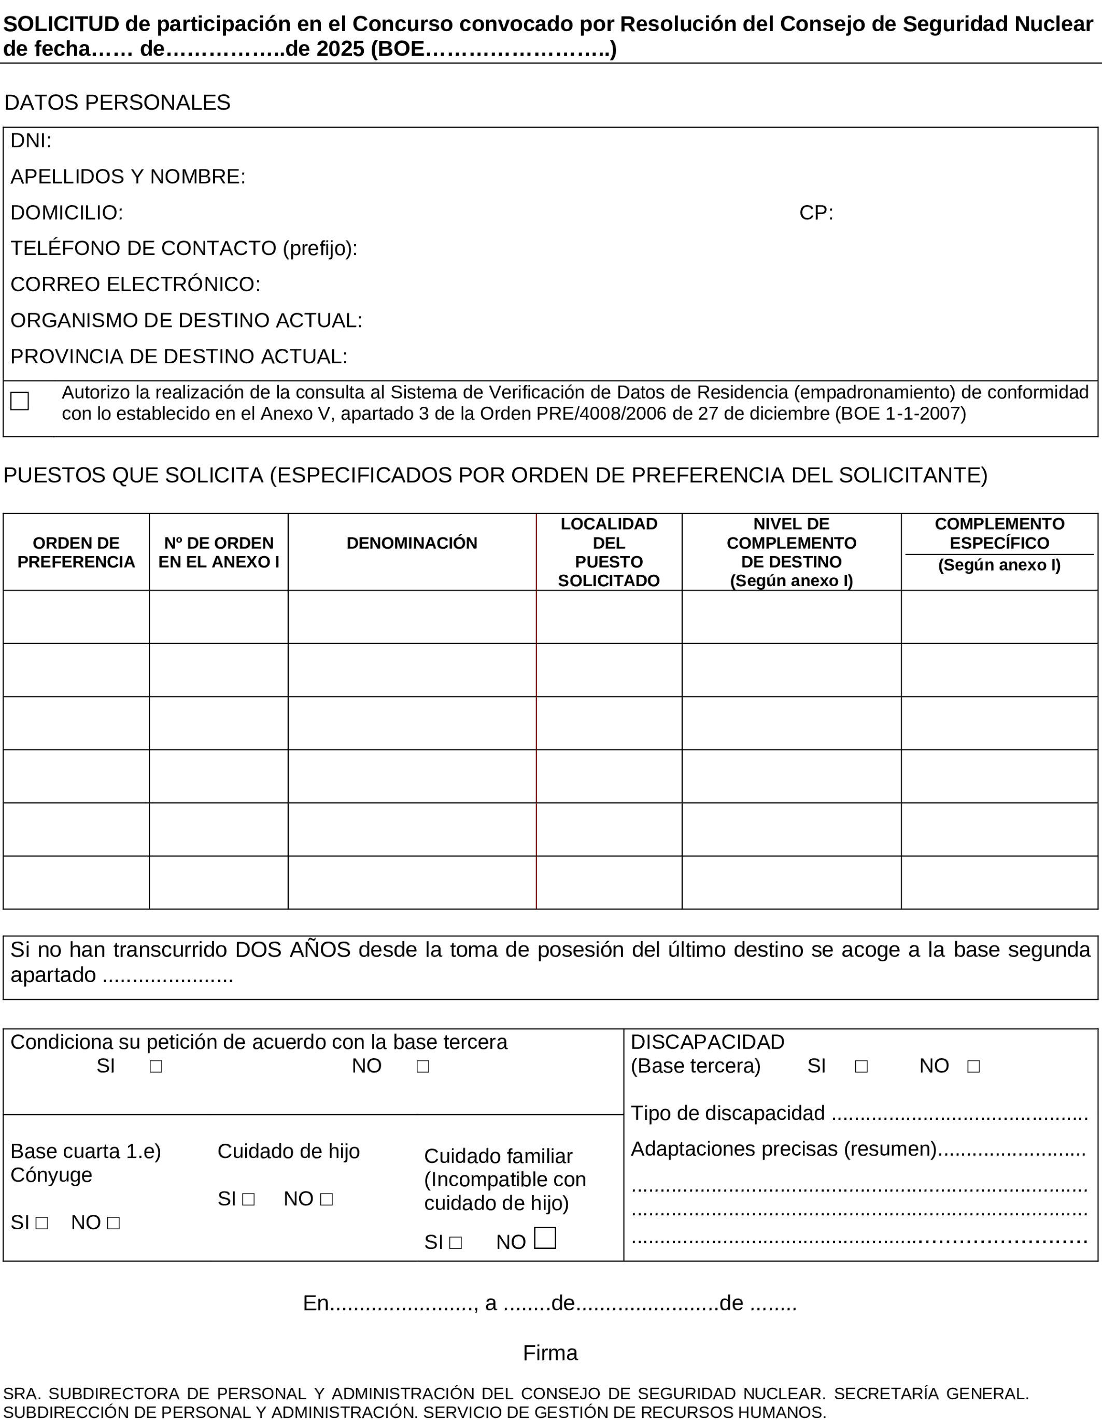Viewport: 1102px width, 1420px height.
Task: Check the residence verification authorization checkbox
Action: [20, 401]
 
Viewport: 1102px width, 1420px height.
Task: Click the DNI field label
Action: [31, 141]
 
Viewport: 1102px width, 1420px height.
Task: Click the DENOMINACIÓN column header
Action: [412, 544]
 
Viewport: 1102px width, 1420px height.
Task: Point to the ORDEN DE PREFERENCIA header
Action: [76, 552]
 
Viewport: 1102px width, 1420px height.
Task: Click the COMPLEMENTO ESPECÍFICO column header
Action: [999, 534]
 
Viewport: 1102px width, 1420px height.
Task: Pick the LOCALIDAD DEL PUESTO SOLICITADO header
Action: [609, 552]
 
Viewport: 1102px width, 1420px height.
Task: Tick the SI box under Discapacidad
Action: [861, 1067]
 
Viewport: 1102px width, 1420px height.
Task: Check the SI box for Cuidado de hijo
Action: [248, 1200]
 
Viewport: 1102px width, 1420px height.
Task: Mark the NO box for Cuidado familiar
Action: [545, 1238]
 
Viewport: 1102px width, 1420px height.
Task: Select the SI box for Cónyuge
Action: [41, 1224]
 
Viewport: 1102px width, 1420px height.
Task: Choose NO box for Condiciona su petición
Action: [422, 1067]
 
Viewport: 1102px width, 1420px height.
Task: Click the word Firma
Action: [550, 1353]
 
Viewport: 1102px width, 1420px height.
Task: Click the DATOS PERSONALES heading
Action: [117, 103]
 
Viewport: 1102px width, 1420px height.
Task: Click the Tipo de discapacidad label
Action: [728, 1113]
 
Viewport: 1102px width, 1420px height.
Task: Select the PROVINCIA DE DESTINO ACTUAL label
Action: [179, 357]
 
